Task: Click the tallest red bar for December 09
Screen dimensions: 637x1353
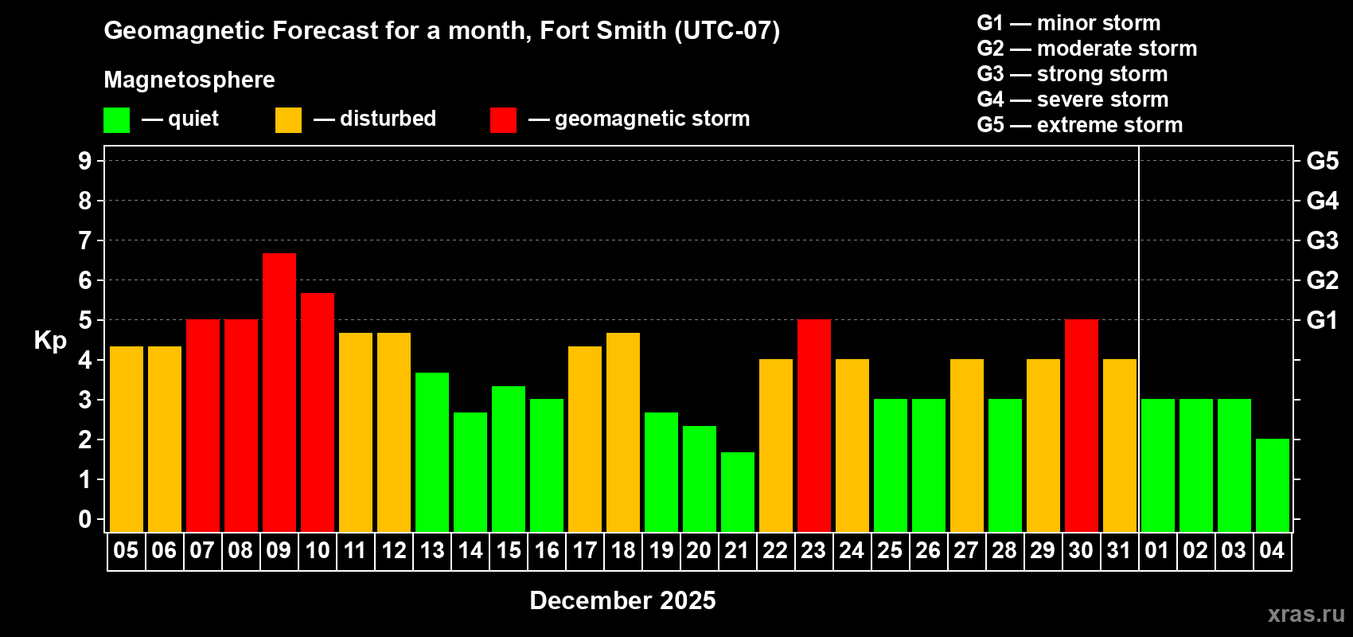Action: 279,392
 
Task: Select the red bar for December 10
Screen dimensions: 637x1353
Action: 318,412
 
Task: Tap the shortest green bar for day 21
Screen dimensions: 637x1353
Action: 738,491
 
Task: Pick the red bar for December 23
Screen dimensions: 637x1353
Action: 814,425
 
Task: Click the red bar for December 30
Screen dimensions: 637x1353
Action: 1082,425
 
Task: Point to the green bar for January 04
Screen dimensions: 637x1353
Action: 1273,485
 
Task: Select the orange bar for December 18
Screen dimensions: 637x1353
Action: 623,432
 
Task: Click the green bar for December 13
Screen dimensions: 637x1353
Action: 432,451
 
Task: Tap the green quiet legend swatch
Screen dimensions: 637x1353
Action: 117,120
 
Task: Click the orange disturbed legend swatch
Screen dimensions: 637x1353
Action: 288,120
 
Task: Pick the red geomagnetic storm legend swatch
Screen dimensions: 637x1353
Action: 503,120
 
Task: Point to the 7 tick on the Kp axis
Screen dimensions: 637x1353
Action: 85,240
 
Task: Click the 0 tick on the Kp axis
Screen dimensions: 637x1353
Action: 85,519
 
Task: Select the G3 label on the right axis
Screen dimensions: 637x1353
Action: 1322,240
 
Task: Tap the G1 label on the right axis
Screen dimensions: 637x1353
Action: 1322,320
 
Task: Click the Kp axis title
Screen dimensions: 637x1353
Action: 50,340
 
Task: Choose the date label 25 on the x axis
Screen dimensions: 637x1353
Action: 890,550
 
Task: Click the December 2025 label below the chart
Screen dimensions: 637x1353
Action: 622,600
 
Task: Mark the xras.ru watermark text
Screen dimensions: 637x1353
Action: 1305,613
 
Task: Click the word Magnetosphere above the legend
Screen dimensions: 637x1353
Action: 189,80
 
